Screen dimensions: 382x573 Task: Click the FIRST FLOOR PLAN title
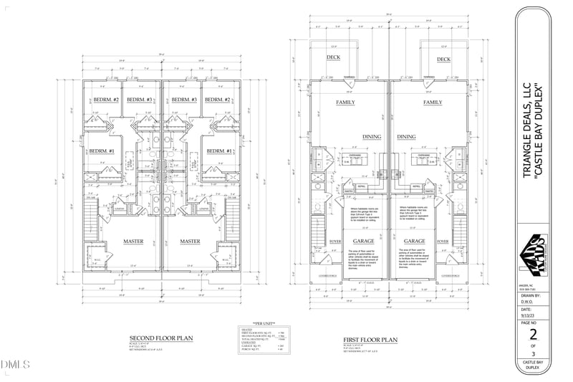[370, 338]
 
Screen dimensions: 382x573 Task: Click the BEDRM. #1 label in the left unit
[102, 151]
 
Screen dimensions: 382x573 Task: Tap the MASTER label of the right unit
[190, 242]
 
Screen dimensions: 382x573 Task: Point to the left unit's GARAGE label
[359, 242]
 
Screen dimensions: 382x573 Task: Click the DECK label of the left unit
[334, 59]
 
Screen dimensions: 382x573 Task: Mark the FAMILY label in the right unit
[433, 102]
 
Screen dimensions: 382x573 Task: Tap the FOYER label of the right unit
[443, 242]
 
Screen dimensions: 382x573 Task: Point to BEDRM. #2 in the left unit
[105, 99]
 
